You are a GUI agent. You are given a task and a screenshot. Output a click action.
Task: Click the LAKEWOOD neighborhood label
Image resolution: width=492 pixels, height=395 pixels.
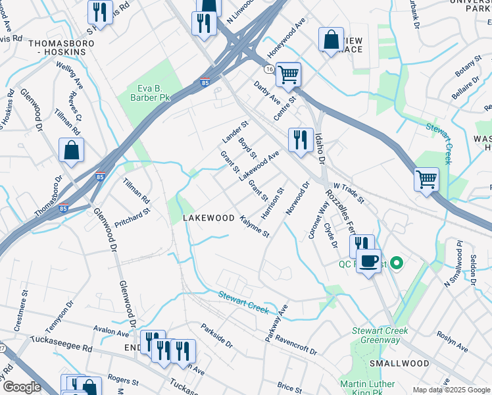(209, 218)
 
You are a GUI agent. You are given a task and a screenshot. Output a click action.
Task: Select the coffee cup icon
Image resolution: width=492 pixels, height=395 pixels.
(369, 261)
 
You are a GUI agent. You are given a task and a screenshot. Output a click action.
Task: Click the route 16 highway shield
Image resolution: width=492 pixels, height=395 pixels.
(270, 68)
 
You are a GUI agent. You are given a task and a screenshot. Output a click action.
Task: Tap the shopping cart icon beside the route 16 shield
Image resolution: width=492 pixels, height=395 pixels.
(288, 75)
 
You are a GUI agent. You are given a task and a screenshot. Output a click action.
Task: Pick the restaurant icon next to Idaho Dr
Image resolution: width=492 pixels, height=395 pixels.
(300, 140)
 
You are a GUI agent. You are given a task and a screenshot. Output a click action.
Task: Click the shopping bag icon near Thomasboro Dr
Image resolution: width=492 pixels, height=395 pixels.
(71, 151)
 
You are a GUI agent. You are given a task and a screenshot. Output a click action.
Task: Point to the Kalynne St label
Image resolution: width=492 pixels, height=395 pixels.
(255, 226)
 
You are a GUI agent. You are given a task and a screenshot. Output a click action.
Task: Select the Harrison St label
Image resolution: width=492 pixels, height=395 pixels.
(272, 203)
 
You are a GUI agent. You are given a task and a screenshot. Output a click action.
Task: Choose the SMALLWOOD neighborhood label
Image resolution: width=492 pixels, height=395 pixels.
(394, 363)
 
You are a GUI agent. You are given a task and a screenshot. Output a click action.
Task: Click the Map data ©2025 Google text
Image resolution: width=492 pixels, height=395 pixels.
(451, 390)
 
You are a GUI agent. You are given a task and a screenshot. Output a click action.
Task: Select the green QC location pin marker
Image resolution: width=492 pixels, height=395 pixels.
(395, 264)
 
